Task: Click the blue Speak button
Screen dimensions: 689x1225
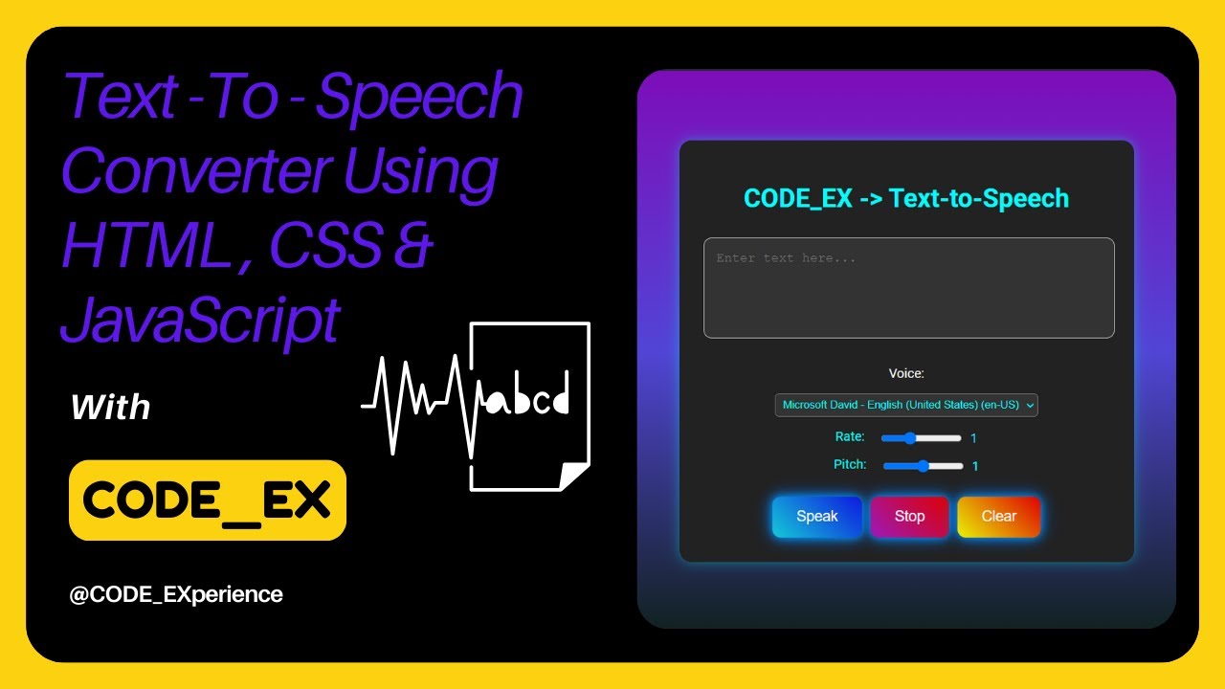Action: (x=816, y=516)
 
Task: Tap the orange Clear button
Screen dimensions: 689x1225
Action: (x=998, y=516)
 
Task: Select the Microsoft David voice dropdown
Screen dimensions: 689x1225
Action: (x=905, y=405)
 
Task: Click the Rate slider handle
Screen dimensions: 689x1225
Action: (x=910, y=438)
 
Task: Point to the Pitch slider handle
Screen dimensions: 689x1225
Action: (x=923, y=466)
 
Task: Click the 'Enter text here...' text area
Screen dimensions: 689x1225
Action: (x=908, y=287)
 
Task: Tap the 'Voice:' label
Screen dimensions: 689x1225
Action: (x=906, y=373)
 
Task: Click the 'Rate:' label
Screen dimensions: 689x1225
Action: (x=850, y=437)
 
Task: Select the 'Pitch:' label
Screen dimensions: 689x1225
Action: (x=850, y=465)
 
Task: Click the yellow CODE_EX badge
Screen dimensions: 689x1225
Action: (x=207, y=500)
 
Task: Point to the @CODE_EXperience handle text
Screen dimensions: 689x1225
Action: (x=176, y=594)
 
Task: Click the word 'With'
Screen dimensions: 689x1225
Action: (x=111, y=408)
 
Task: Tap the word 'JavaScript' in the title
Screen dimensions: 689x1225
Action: (x=201, y=319)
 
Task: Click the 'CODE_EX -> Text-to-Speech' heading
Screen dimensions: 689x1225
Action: (x=906, y=198)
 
